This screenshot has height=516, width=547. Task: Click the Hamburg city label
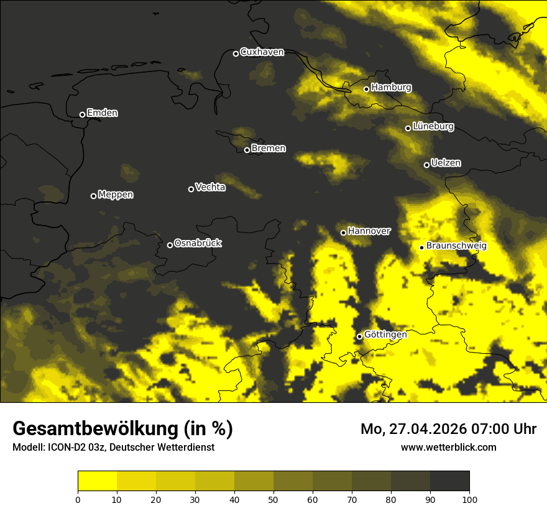click(391, 88)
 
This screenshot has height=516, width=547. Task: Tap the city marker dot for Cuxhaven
click(236, 53)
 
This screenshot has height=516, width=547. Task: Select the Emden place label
click(102, 113)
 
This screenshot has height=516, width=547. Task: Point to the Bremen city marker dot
click(247, 150)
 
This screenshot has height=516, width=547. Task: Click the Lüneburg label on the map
click(433, 127)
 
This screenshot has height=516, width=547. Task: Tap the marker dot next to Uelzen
click(426, 165)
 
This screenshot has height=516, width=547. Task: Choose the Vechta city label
click(210, 187)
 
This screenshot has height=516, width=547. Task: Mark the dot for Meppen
click(93, 196)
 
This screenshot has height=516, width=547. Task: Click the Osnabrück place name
click(198, 243)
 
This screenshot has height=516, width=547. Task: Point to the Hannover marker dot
click(343, 233)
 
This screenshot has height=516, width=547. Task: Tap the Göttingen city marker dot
click(359, 336)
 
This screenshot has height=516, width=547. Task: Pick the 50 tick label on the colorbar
click(273, 499)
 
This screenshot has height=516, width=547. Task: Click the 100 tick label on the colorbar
click(469, 499)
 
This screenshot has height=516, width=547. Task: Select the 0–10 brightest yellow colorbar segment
click(97, 481)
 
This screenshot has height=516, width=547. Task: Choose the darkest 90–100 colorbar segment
click(449, 481)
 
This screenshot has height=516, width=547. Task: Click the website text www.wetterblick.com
click(448, 447)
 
